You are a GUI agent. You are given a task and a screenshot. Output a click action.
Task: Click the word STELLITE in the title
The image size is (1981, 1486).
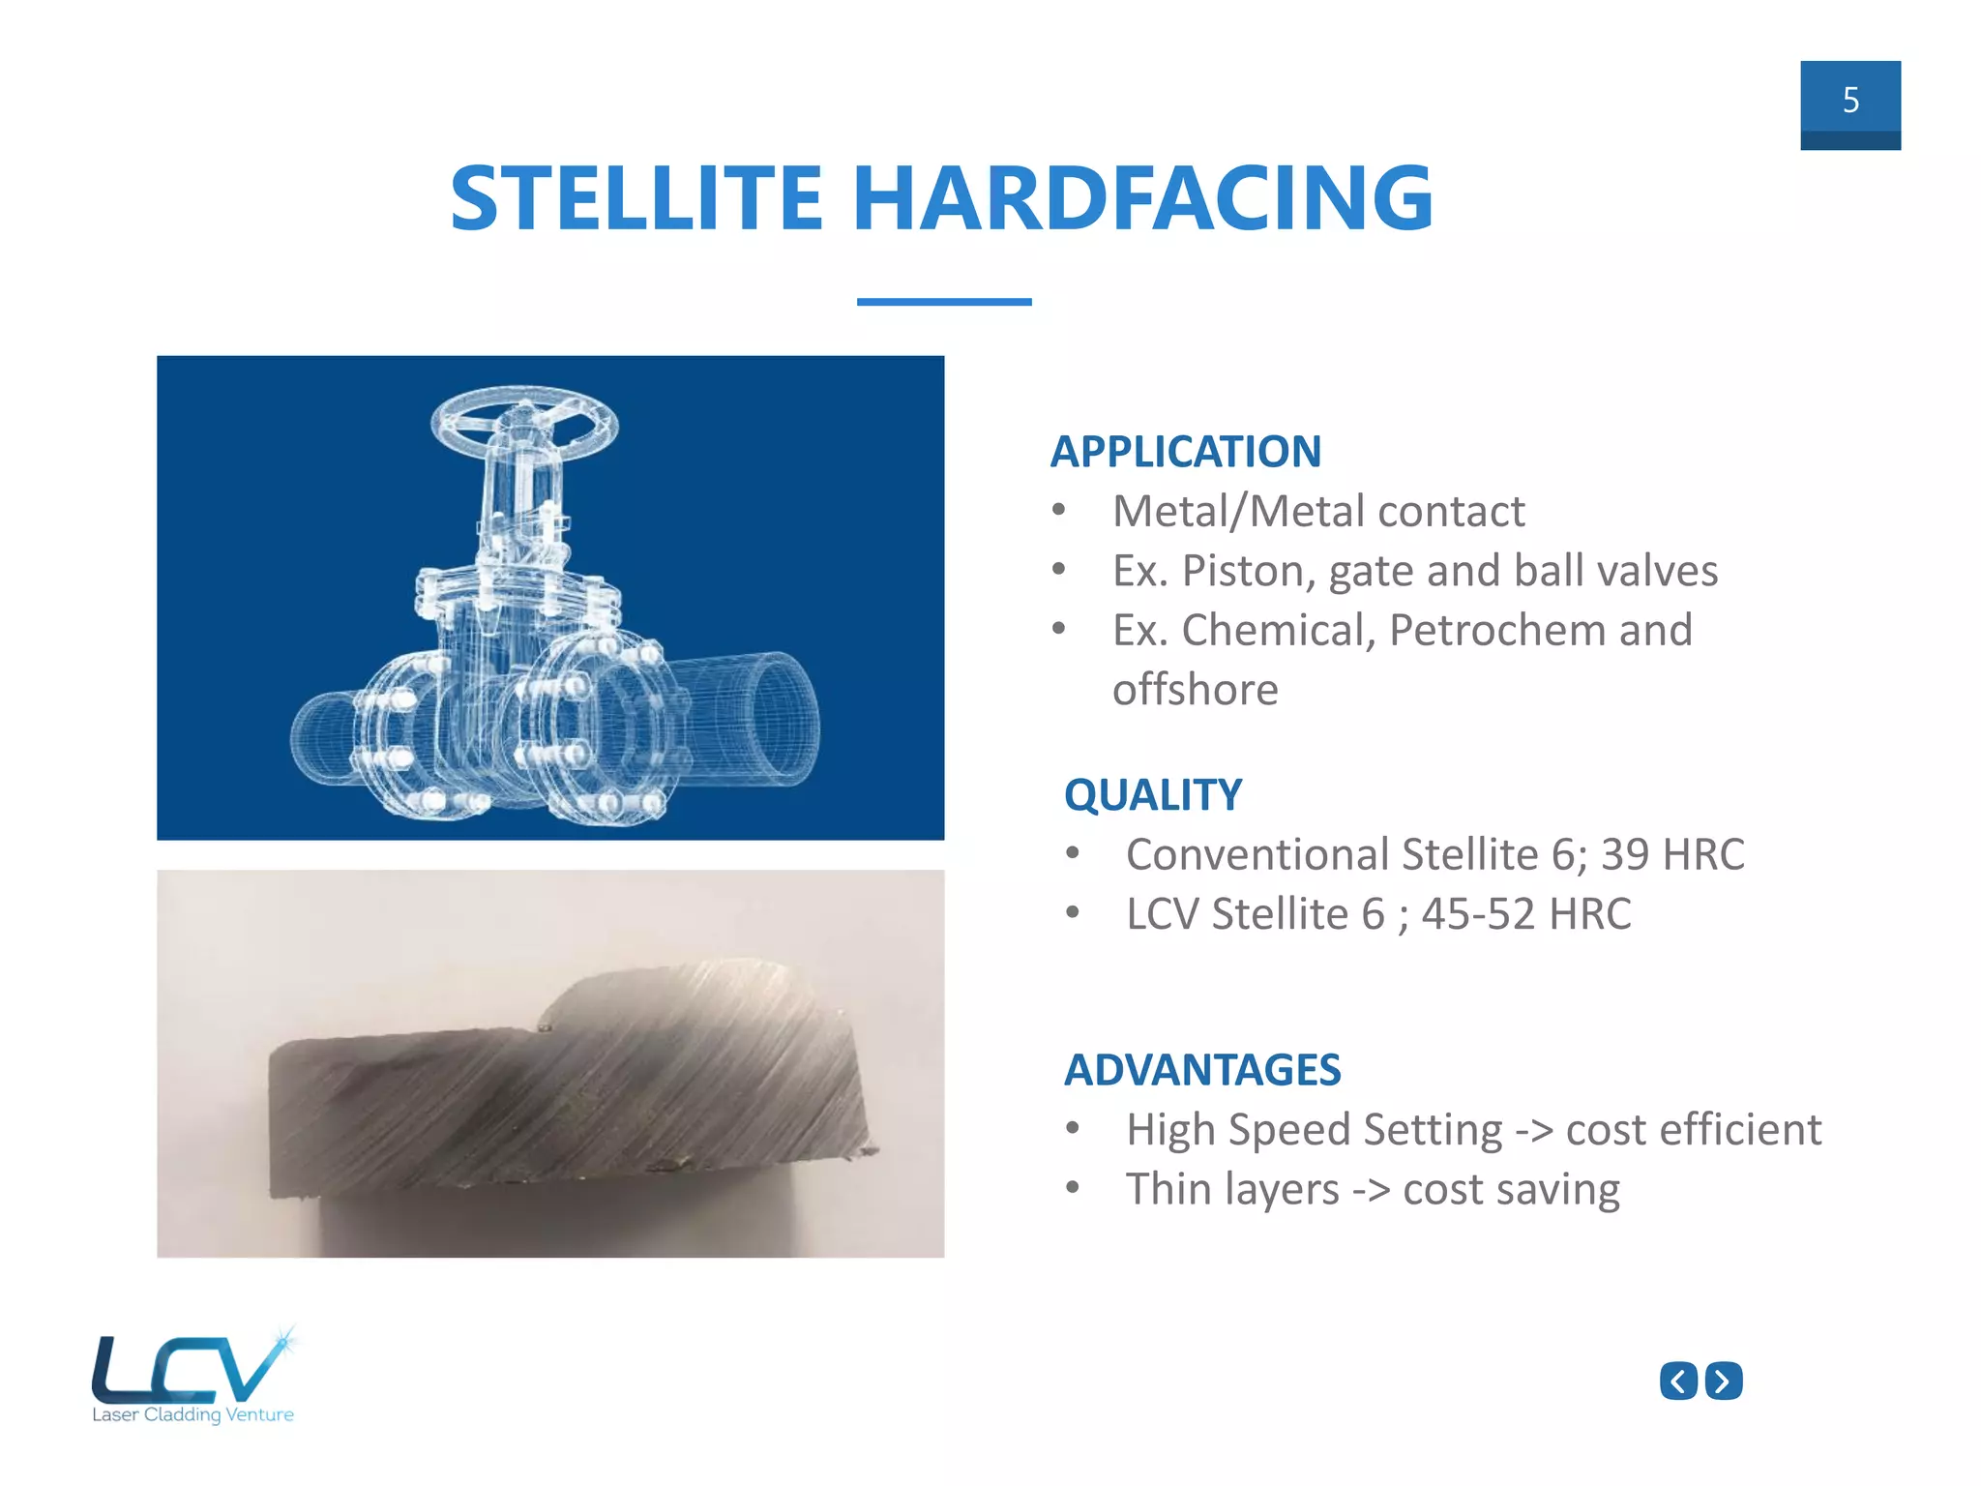[636, 198]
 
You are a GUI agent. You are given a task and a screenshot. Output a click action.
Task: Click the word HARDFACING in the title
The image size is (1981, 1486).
[1141, 198]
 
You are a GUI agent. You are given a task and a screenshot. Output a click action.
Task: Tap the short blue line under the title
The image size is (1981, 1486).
[943, 302]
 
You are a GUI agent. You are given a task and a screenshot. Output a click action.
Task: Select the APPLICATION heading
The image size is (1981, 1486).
[1185, 452]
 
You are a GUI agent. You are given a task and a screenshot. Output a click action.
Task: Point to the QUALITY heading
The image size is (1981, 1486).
[1152, 795]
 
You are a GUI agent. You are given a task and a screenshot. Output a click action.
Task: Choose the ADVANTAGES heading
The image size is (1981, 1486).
[1201, 1070]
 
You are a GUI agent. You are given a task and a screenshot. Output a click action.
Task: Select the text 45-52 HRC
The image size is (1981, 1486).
[1525, 914]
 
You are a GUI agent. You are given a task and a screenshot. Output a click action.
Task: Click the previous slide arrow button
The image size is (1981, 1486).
[1678, 1381]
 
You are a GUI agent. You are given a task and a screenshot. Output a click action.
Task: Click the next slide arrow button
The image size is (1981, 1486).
[1723, 1381]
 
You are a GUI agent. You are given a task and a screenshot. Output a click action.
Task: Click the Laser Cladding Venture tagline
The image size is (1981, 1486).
[192, 1414]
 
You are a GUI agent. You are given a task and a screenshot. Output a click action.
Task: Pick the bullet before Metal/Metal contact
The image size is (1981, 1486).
[1059, 511]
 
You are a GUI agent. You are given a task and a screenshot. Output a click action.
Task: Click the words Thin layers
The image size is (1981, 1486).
[1231, 1190]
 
